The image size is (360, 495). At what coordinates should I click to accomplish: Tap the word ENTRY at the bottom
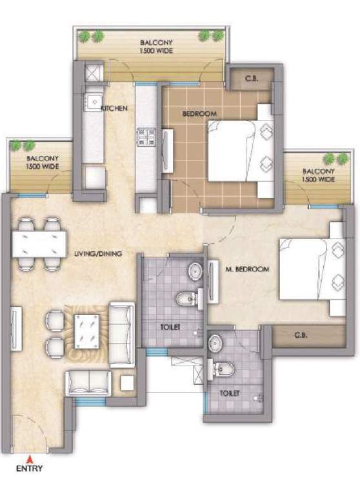coord(29,469)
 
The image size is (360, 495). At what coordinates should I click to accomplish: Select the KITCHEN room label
coord(114,108)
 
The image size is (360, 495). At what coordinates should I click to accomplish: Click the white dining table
coord(39,244)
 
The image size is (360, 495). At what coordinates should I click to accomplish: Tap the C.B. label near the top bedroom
coord(252,81)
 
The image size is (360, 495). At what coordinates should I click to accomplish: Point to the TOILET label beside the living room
coord(169,328)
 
